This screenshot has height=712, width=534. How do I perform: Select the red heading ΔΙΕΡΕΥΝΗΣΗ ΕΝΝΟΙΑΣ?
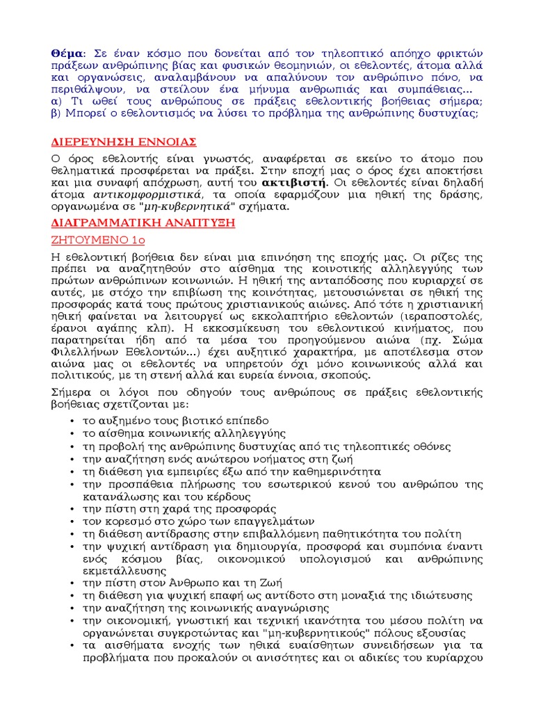(x=124, y=143)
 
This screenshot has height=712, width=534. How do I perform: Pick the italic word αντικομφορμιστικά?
(x=128, y=195)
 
